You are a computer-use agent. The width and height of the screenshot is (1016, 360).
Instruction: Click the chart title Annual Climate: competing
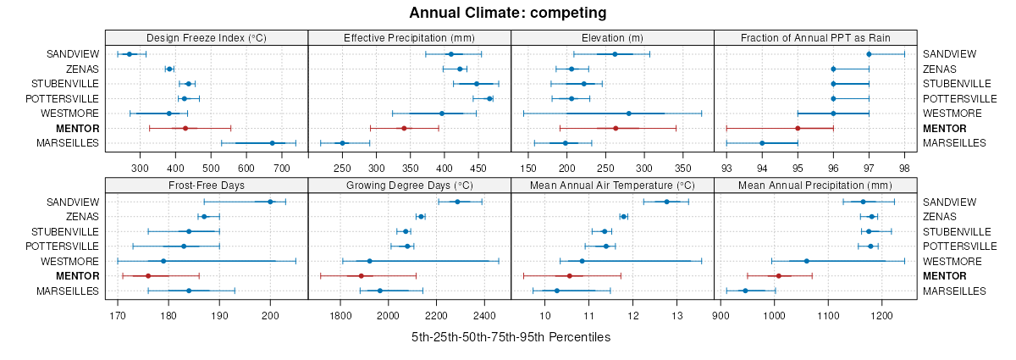508,13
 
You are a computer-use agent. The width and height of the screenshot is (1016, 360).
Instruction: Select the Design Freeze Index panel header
207,38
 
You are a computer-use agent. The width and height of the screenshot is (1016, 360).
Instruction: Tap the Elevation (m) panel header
612,38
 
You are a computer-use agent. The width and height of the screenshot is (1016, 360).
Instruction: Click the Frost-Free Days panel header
207,186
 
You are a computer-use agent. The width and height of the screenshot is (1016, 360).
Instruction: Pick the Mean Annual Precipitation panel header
815,186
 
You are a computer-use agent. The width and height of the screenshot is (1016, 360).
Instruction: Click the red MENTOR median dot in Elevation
616,128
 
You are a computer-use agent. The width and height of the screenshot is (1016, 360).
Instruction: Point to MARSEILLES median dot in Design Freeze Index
272,143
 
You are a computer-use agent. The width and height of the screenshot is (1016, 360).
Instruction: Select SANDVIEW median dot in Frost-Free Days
270,202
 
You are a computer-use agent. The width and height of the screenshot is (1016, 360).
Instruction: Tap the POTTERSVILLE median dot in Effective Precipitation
489,98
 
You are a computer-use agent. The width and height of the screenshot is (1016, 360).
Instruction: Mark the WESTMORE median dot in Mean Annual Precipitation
806,261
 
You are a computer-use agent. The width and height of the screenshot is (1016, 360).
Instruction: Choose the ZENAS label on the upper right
939,69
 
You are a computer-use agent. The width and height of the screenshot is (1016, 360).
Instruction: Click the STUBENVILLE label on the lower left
65,231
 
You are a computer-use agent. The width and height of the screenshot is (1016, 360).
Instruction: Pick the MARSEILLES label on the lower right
955,291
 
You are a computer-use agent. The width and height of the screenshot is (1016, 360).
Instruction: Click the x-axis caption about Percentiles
511,337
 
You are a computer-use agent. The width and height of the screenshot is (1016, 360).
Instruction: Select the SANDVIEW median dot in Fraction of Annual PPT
869,54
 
